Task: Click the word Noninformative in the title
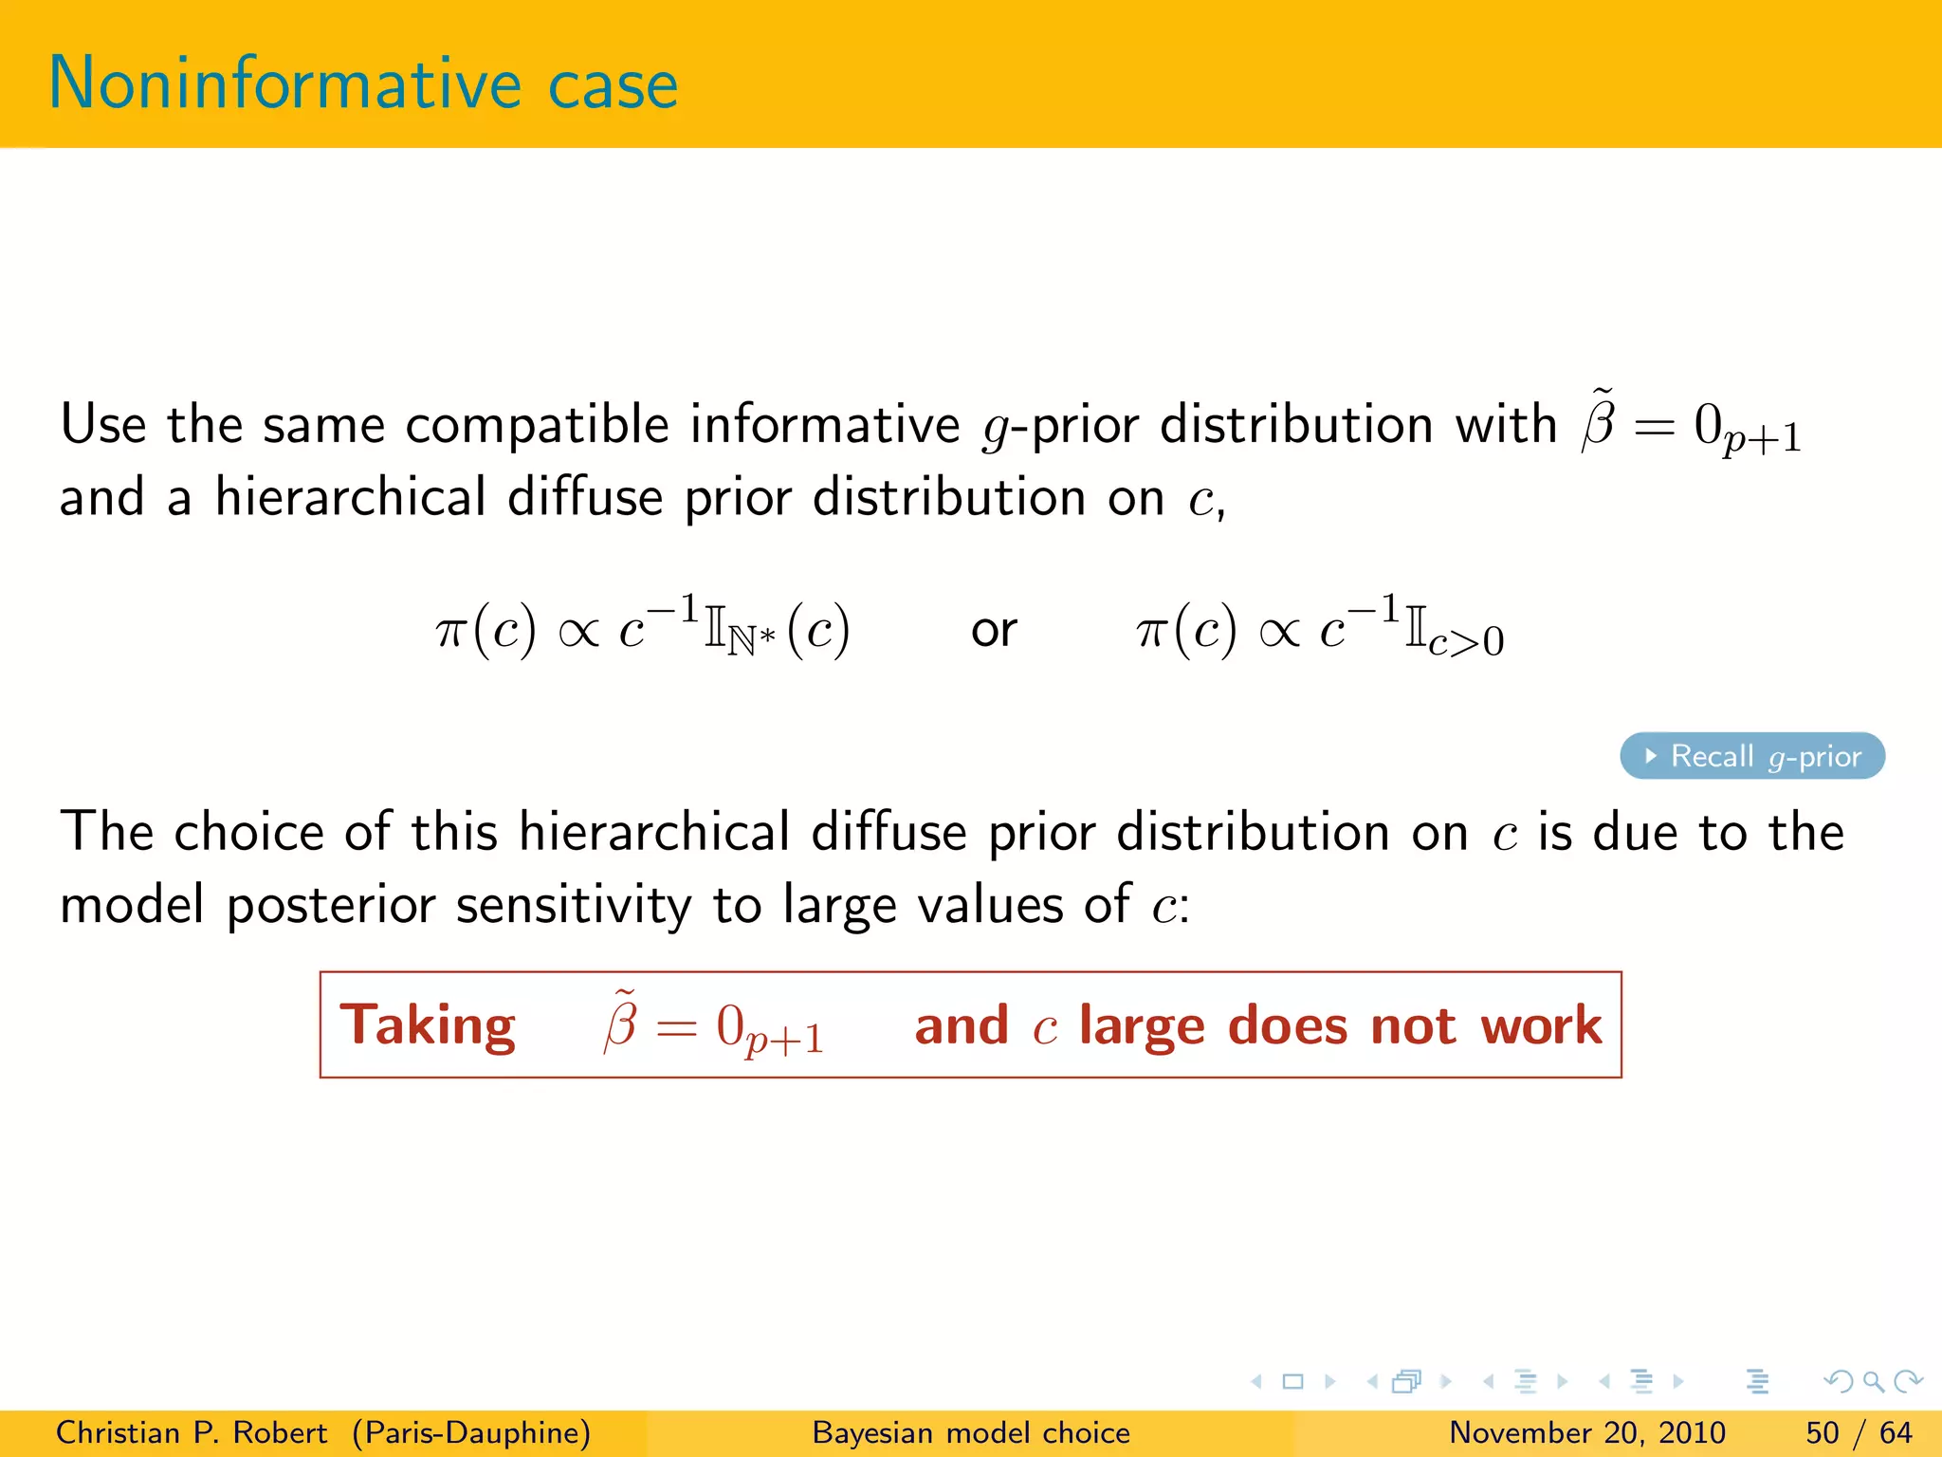click(284, 83)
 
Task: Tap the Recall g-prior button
click(1751, 756)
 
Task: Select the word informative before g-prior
click(824, 424)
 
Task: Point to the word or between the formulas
click(993, 630)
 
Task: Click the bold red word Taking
click(428, 1025)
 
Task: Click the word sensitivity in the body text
click(574, 905)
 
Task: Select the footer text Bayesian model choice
click(971, 1432)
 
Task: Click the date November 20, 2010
click(1586, 1432)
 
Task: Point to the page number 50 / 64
click(1859, 1432)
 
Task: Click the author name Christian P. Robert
click(191, 1432)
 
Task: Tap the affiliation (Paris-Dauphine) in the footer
click(471, 1432)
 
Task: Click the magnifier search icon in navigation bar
click(1873, 1381)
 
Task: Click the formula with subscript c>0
click(1319, 630)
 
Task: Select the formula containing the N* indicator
click(642, 630)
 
